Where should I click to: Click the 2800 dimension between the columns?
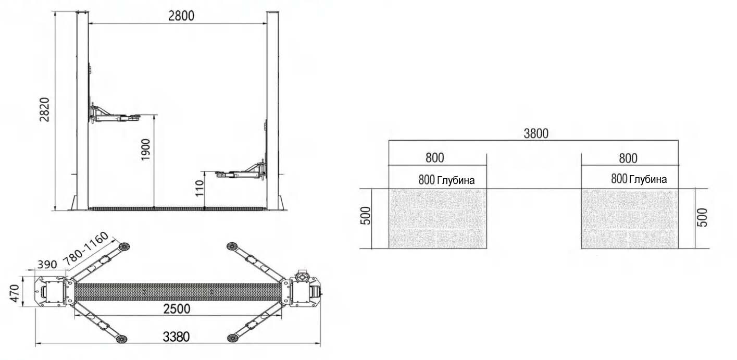point(181,16)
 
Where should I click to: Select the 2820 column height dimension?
point(44,109)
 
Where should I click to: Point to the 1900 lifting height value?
point(145,150)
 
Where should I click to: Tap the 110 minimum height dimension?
point(199,188)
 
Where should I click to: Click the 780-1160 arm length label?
point(85,249)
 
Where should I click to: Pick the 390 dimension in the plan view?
point(47,264)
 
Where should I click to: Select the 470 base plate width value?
point(15,293)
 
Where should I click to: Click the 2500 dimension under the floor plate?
point(177,308)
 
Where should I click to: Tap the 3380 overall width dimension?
point(177,337)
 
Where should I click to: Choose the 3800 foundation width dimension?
point(536,133)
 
